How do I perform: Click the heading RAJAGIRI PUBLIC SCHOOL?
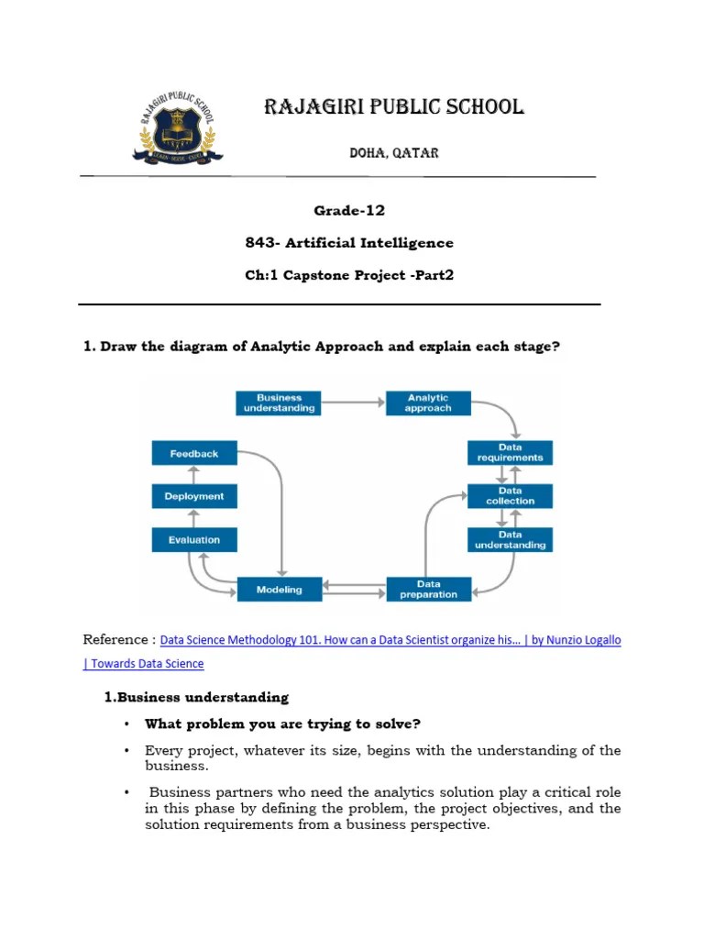point(393,107)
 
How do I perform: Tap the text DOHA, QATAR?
point(393,153)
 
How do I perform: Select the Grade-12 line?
point(349,211)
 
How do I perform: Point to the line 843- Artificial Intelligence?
point(349,243)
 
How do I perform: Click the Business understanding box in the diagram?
point(279,403)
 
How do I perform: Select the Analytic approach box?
point(428,403)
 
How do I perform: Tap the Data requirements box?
point(510,452)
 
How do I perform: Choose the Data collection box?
point(510,496)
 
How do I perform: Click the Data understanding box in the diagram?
point(510,539)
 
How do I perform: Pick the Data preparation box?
point(428,589)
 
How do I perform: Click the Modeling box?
point(279,589)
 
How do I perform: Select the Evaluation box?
point(193,539)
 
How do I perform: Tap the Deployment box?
point(193,496)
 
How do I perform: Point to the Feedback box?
point(193,453)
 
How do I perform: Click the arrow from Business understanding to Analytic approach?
point(353,403)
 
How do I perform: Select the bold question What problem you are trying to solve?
point(282,724)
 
